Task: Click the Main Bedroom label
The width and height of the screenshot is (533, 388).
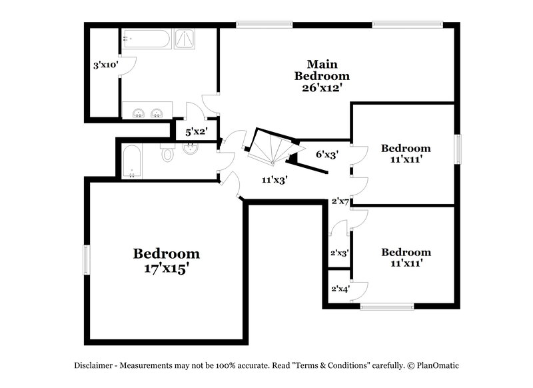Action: (x=322, y=70)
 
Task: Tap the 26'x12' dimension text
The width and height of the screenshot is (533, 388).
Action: (x=322, y=87)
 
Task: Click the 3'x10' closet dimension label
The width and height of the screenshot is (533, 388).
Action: (x=105, y=65)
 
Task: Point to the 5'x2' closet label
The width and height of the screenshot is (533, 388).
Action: (x=196, y=132)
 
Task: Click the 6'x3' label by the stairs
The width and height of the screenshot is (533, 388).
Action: (x=327, y=154)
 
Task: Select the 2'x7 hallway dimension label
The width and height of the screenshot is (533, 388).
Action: (x=340, y=201)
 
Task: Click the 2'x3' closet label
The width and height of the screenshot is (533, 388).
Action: (x=340, y=253)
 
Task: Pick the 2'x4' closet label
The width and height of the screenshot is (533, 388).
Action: (x=340, y=289)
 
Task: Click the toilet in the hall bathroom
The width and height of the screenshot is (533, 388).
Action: (x=167, y=155)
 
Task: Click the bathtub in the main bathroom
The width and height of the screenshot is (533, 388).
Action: (x=146, y=39)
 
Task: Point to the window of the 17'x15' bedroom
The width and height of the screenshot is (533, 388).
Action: (x=86, y=259)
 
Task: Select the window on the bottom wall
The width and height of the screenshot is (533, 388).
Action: (x=386, y=307)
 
